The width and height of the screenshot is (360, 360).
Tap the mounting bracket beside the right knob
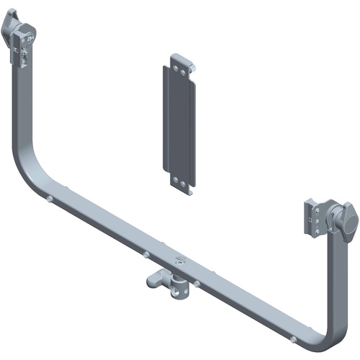tap(314, 216)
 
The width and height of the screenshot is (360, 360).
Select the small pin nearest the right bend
tap(294, 338)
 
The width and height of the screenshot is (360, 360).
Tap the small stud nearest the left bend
tap(48, 199)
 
